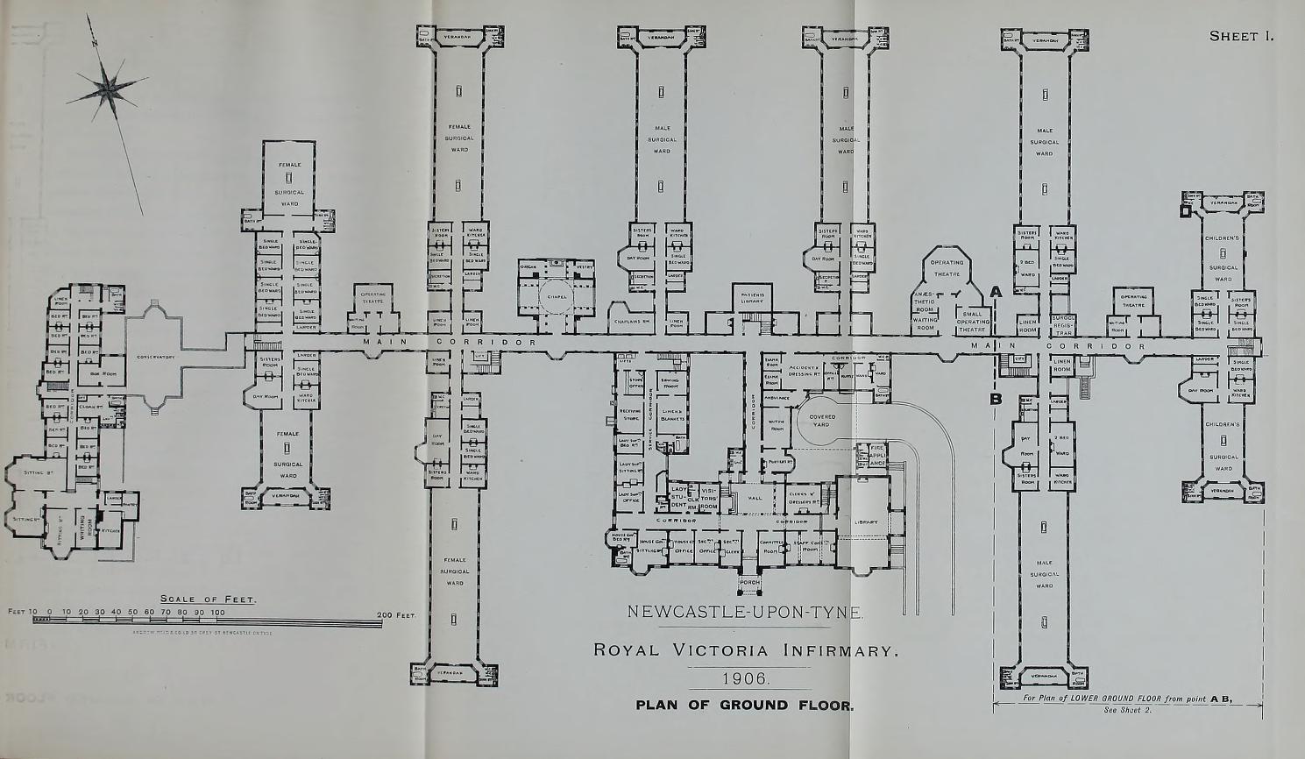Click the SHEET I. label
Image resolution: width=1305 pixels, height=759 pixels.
1240,36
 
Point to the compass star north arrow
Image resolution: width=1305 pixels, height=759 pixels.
110,86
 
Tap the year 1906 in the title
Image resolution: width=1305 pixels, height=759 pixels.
745,678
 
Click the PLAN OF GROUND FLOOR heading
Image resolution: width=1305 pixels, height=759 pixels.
744,706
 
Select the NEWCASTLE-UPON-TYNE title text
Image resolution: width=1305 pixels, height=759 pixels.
745,612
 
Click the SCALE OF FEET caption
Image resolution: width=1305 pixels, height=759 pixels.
208,599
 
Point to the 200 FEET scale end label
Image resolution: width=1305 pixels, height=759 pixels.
396,615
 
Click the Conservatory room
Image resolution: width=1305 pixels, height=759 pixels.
156,357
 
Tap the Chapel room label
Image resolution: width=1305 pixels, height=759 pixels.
558,296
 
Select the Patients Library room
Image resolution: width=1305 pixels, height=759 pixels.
752,298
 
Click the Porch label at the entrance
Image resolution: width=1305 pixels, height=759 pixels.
749,582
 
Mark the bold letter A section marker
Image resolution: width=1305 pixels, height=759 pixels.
996,292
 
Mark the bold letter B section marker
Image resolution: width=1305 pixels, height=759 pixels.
996,400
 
